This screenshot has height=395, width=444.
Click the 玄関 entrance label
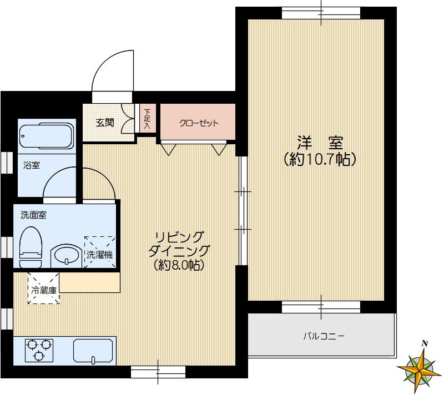coord(105,123)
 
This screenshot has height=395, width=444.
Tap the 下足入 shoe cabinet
coord(148,119)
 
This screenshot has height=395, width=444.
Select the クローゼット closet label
coord(199,123)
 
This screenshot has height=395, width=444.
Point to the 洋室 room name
coord(320,143)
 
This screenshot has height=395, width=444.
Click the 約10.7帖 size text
coord(320,160)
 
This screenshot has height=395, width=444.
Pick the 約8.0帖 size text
coord(179,265)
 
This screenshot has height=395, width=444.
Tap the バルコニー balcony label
coord(324,336)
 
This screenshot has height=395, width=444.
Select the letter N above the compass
coord(425,344)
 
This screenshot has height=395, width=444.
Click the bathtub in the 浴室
coord(47,135)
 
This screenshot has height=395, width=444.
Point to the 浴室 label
coord(32,165)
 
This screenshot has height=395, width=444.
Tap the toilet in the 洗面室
coord(31,247)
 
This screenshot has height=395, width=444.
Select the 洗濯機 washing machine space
coord(100,252)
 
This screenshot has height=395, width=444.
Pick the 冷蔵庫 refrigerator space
coord(44,288)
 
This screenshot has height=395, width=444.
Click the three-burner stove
coord(39,351)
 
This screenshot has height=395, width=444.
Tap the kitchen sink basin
coord(93,351)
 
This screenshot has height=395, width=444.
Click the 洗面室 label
coord(33,215)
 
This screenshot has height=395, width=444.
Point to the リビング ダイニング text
coord(179,244)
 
